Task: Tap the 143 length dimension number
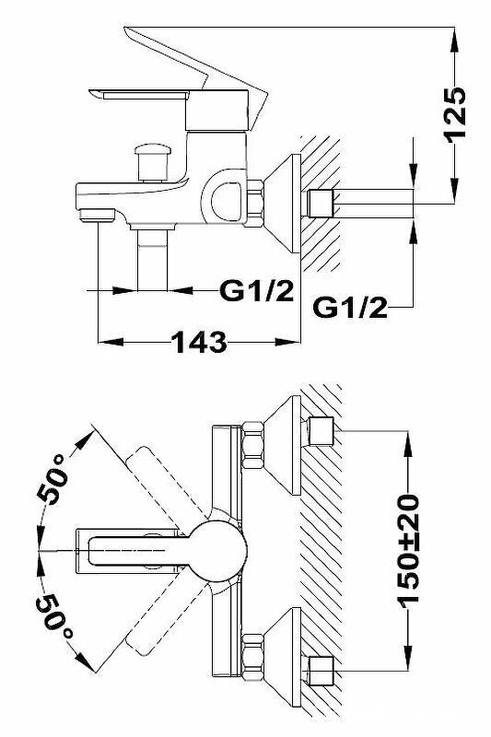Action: coord(200,342)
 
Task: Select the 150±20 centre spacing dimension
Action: coord(407,548)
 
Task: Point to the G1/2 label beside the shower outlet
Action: coord(256,291)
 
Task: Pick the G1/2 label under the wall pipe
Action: coord(350,308)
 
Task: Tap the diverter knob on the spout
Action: coord(152,163)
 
